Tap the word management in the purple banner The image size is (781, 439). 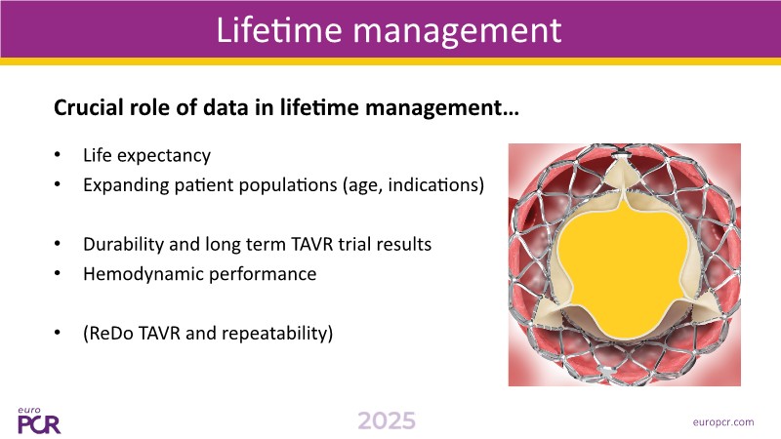[458, 31]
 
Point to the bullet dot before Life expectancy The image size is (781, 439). [58, 155]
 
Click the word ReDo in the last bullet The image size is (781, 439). [110, 333]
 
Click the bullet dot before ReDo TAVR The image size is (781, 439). [58, 333]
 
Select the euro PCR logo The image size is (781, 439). [39, 421]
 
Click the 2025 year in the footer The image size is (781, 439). [387, 421]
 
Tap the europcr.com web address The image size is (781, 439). [723, 422]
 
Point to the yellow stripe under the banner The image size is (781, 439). [390, 61]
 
